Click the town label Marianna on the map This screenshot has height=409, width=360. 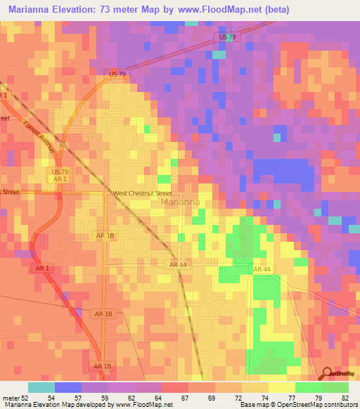pyautogui.click(x=181, y=202)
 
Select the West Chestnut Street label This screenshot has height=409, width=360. pyautogui.click(x=142, y=193)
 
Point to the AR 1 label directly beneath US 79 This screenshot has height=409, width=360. pyautogui.click(x=59, y=179)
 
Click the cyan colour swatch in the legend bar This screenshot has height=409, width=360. pyautogui.click(x=41, y=387)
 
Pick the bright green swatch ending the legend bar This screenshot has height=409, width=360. pyautogui.click(x=335, y=387)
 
